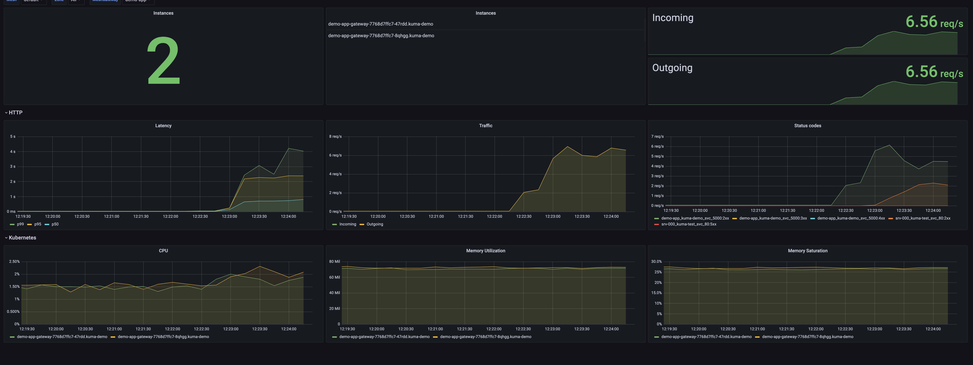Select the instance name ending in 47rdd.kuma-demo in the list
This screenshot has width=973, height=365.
click(x=380, y=24)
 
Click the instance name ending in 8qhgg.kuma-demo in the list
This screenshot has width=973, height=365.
click(x=381, y=36)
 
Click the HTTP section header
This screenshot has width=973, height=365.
click(x=15, y=113)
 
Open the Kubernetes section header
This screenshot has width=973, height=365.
click(x=22, y=237)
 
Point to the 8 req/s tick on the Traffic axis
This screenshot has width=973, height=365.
click(x=335, y=136)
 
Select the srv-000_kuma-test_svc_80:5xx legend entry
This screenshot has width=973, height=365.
click(x=688, y=224)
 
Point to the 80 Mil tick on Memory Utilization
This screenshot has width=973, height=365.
click(x=334, y=261)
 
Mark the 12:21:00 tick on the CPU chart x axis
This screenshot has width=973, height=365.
click(x=114, y=329)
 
